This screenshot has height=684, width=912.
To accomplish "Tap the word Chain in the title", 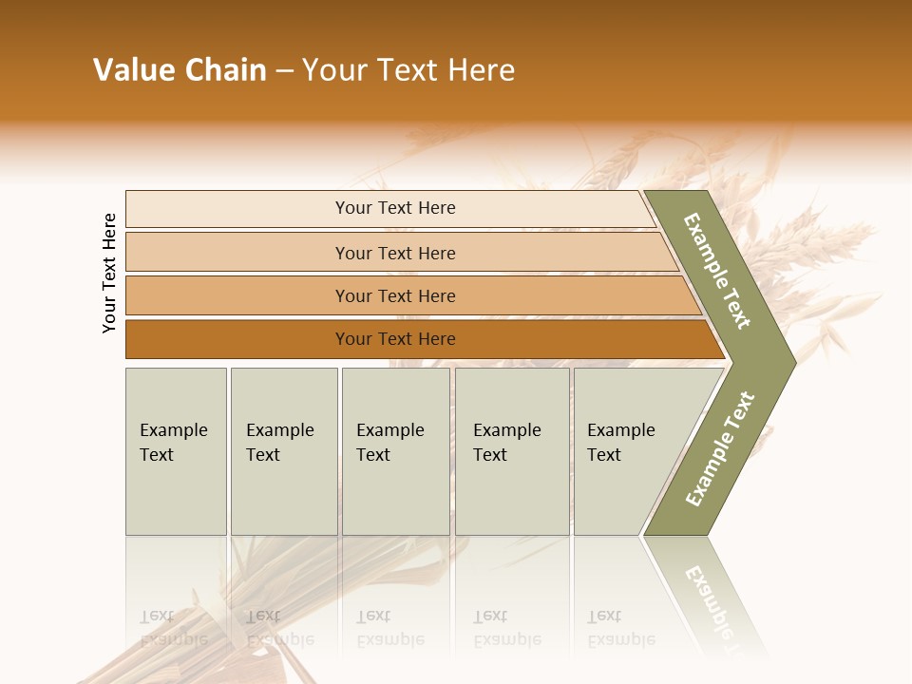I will [226, 70].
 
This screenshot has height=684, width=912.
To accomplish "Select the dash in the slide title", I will [284, 71].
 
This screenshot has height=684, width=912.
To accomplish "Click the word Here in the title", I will [481, 70].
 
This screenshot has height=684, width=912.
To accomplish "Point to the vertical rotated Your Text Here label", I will [109, 273].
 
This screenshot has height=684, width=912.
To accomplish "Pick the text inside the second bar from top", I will [395, 253].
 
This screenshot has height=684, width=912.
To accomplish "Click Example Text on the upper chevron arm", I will [717, 271].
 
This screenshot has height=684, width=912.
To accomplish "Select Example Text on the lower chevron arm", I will [719, 448].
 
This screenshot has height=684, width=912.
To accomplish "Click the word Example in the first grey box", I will [173, 430].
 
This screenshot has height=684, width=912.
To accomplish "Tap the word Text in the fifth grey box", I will [604, 455].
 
